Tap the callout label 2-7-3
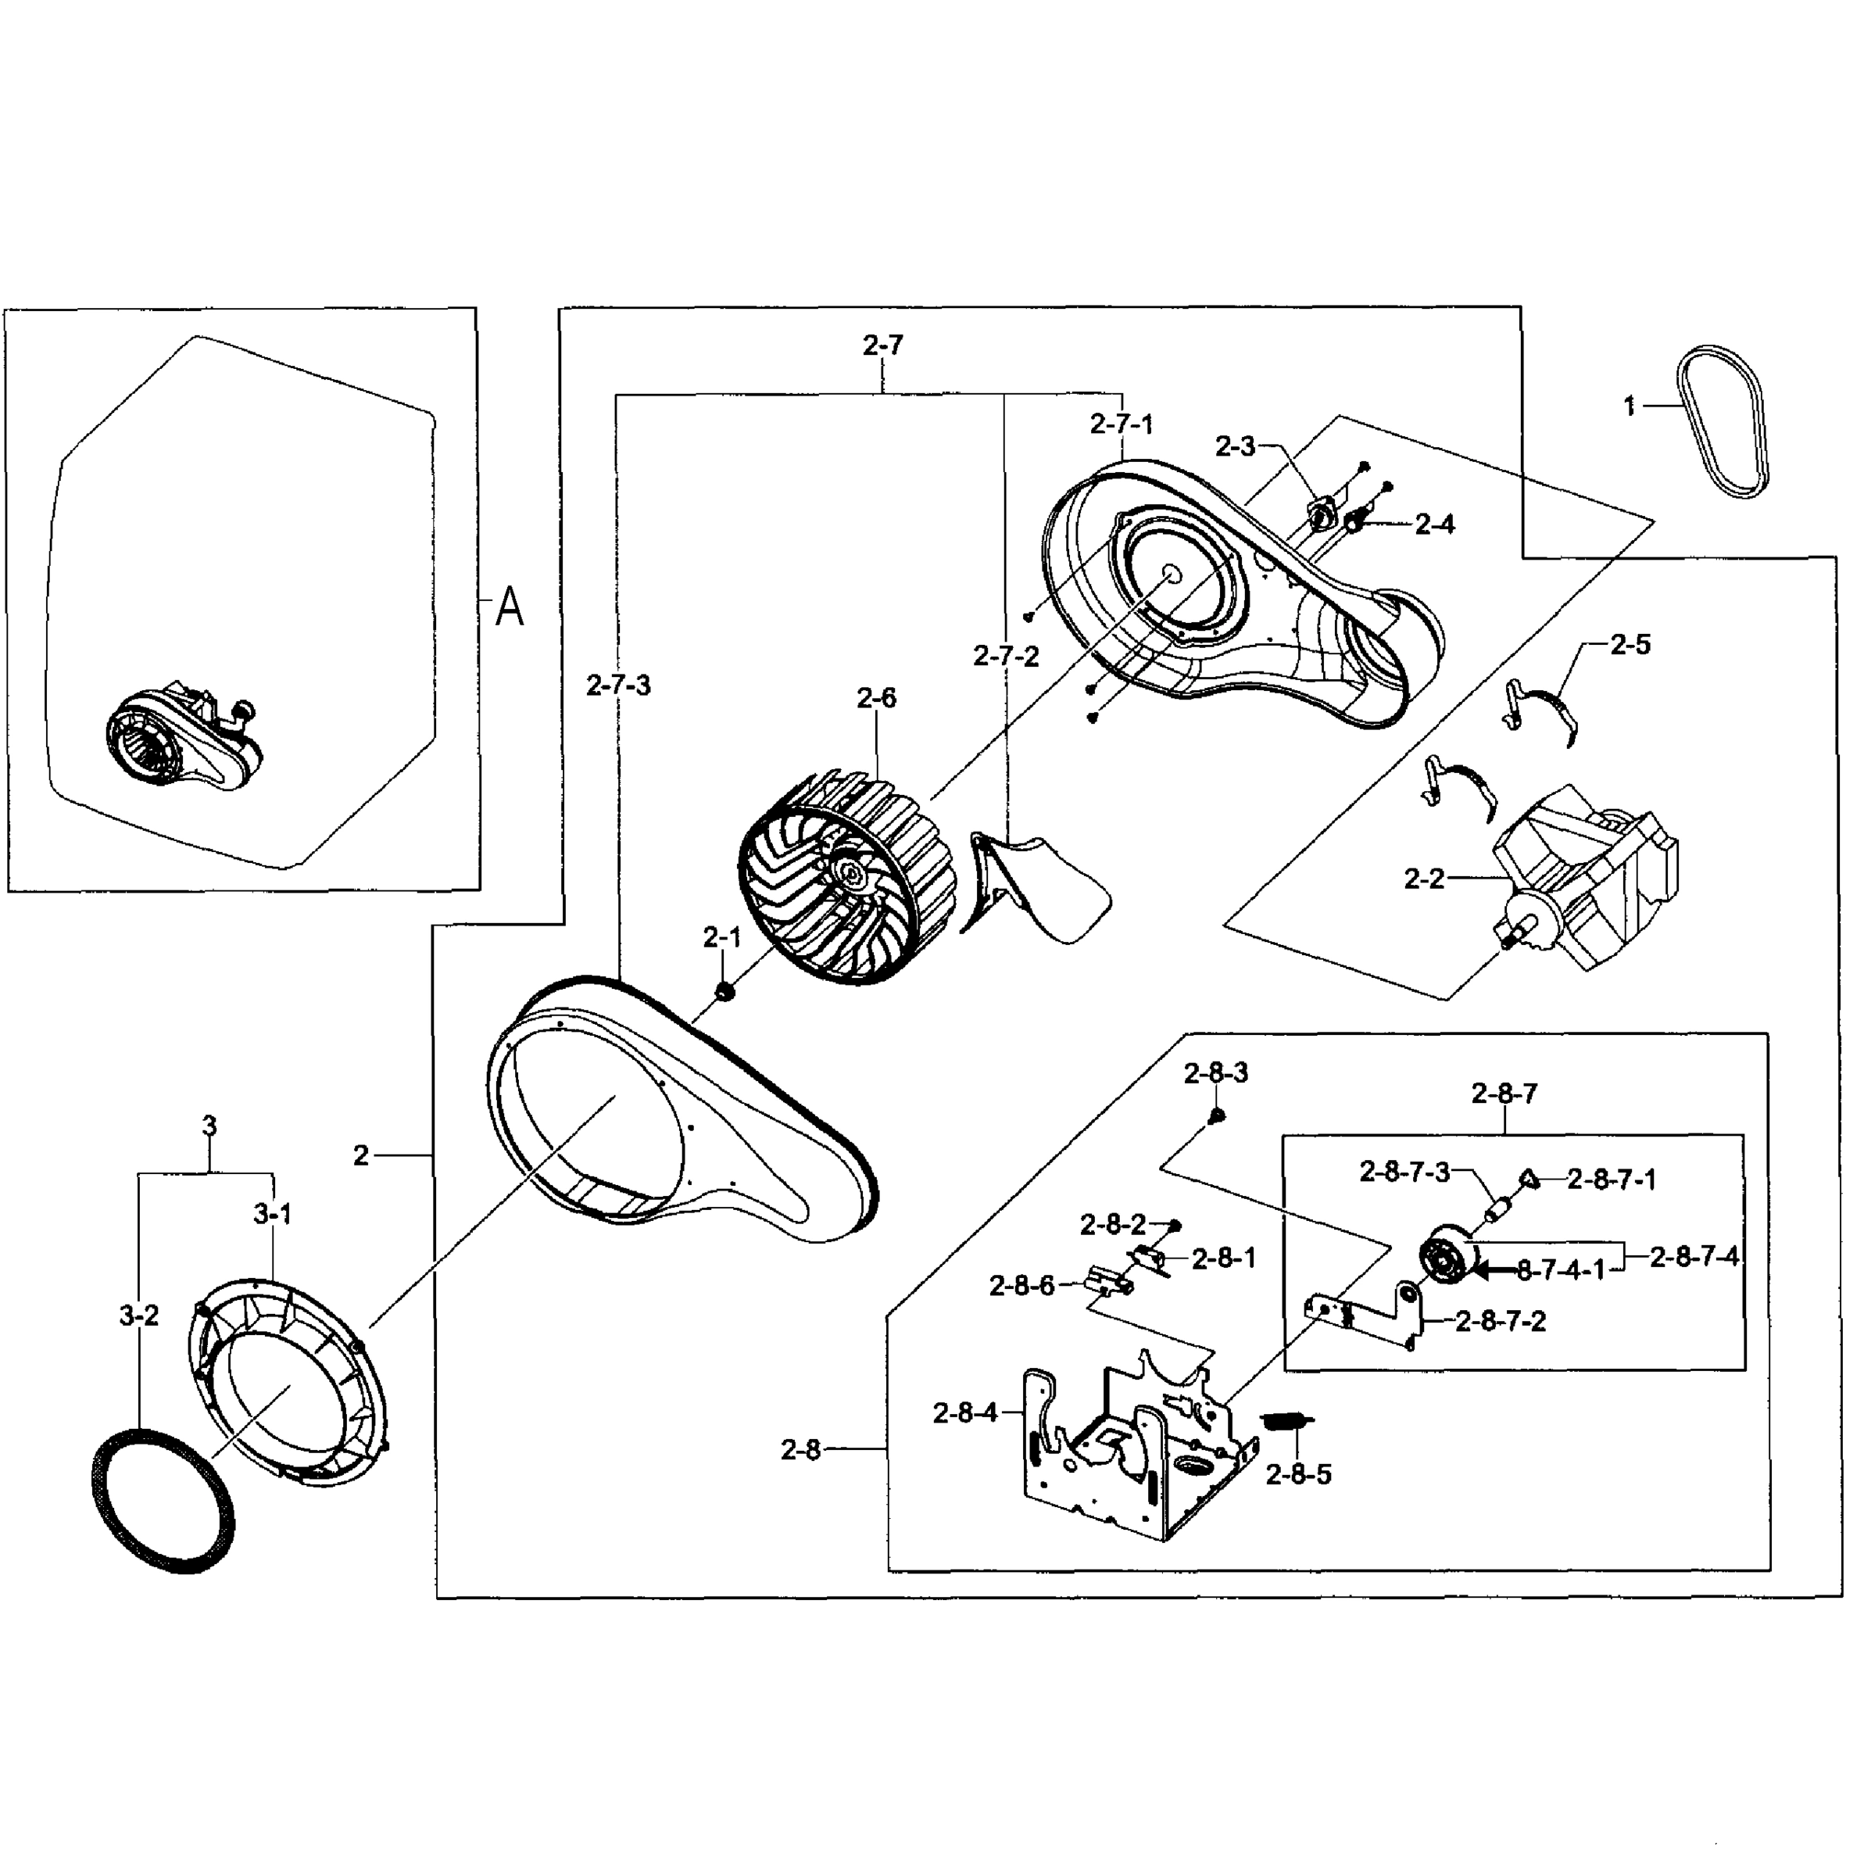(x=618, y=686)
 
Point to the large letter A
(x=509, y=609)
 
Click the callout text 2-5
(x=1630, y=645)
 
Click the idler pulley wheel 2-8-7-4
(x=1447, y=1263)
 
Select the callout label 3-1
(x=273, y=1214)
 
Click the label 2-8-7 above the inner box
(x=1504, y=1094)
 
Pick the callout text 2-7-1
(x=1122, y=424)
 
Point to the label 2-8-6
(x=1021, y=1286)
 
